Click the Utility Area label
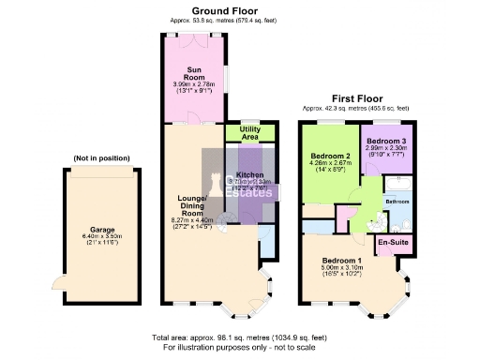pos(249,133)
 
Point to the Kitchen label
pos(249,175)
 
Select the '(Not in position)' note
pos(100,159)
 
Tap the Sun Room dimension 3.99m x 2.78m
pos(194,84)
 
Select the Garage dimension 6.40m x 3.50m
pos(102,237)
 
